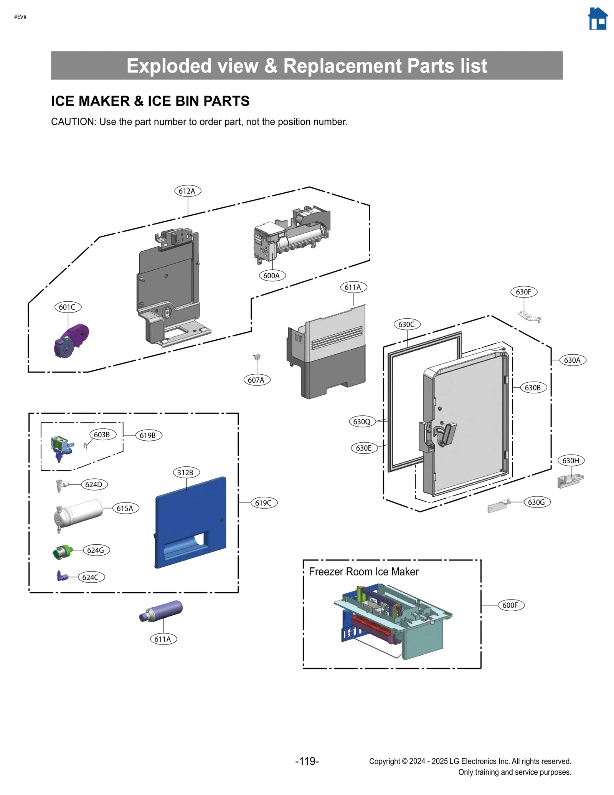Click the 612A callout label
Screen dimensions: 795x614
pyautogui.click(x=187, y=191)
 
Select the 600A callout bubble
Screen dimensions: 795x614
pyautogui.click(x=272, y=276)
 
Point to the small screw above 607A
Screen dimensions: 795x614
pyautogui.click(x=257, y=357)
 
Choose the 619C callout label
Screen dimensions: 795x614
pyautogui.click(x=264, y=503)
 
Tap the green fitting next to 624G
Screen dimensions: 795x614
pyautogui.click(x=63, y=552)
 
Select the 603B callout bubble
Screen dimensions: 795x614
pyautogui.click(x=102, y=435)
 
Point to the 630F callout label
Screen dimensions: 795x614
pyautogui.click(x=523, y=292)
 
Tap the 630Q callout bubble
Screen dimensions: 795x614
pyautogui.click(x=362, y=421)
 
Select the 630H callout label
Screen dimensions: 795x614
pyautogui.click(x=571, y=461)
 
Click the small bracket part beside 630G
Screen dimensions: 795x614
pyautogui.click(x=498, y=507)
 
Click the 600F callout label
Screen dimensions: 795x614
pyautogui.click(x=510, y=605)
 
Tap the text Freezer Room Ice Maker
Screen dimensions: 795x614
pyautogui.click(x=363, y=572)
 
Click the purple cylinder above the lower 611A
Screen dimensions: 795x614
pyautogui.click(x=161, y=610)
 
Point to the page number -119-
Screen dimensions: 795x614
pyautogui.click(x=307, y=761)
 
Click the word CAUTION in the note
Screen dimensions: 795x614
pyautogui.click(x=73, y=122)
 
